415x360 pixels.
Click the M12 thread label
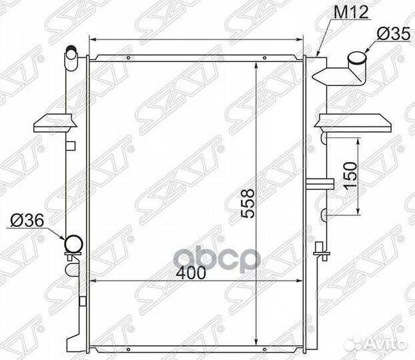351,12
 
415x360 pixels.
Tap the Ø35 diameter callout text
393,34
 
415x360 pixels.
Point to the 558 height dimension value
248,203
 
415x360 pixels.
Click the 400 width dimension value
191,273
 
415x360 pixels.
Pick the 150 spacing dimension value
350,175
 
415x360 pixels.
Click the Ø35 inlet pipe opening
357,58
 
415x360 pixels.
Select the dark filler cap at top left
71,49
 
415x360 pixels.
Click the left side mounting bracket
55,123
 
